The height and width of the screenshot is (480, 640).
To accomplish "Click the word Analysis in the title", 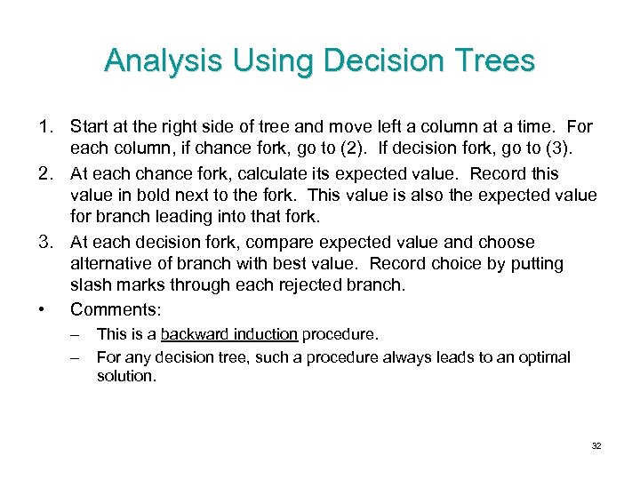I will click(165, 60).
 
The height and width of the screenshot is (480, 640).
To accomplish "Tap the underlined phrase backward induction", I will click(229, 335).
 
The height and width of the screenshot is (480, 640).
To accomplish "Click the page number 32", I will click(596, 445).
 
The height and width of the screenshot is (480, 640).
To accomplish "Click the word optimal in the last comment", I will click(544, 357).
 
